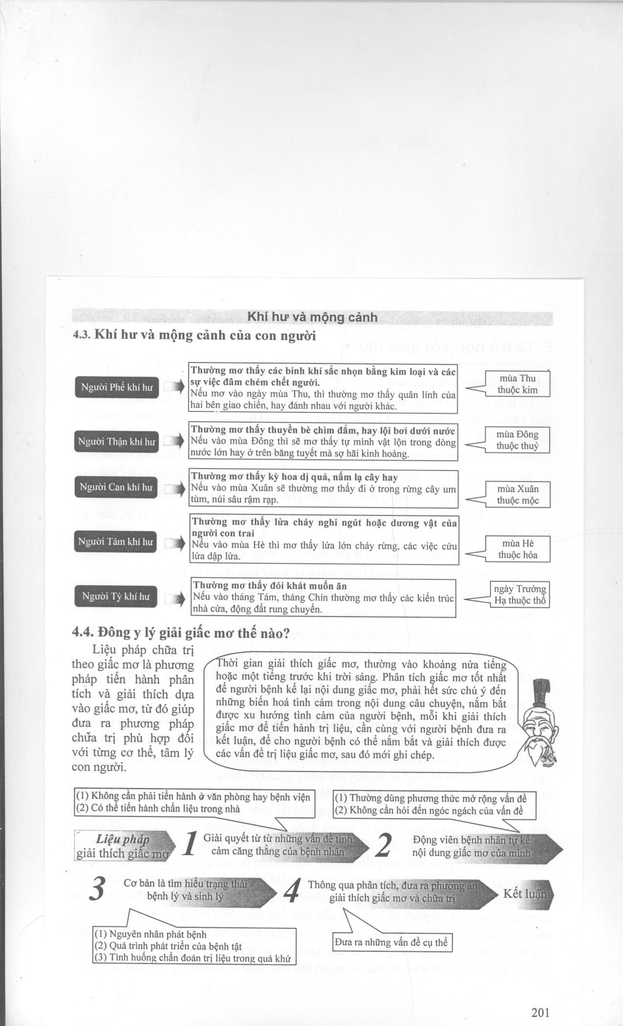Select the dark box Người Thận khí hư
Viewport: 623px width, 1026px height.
tap(117, 442)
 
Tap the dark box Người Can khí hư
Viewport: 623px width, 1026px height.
tap(117, 488)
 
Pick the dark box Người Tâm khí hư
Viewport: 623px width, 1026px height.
tap(117, 542)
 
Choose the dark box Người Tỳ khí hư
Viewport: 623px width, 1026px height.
tap(117, 596)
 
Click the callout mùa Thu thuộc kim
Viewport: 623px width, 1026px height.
tap(517, 385)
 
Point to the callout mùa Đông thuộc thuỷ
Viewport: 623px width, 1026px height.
tap(517, 440)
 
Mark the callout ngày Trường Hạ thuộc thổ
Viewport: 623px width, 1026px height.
tap(519, 595)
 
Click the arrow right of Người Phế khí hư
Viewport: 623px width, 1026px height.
tap(174, 387)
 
